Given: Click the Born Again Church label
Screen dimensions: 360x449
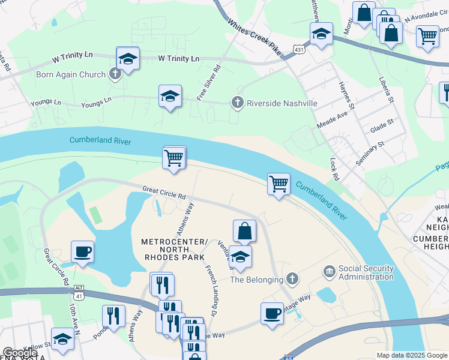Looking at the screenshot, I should tap(71, 75).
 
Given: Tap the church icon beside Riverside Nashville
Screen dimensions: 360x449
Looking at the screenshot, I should tap(238, 103).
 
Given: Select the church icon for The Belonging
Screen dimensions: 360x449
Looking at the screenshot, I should tap(292, 279).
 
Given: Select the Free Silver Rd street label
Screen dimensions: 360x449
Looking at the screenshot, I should tap(209, 83).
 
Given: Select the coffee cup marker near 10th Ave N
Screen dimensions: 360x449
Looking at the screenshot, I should tap(82, 252).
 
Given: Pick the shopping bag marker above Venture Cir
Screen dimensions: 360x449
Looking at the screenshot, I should tap(244, 231).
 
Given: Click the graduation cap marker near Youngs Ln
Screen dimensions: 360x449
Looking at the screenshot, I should tap(170, 95).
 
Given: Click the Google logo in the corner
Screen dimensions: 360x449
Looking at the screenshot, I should tap(20, 353).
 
